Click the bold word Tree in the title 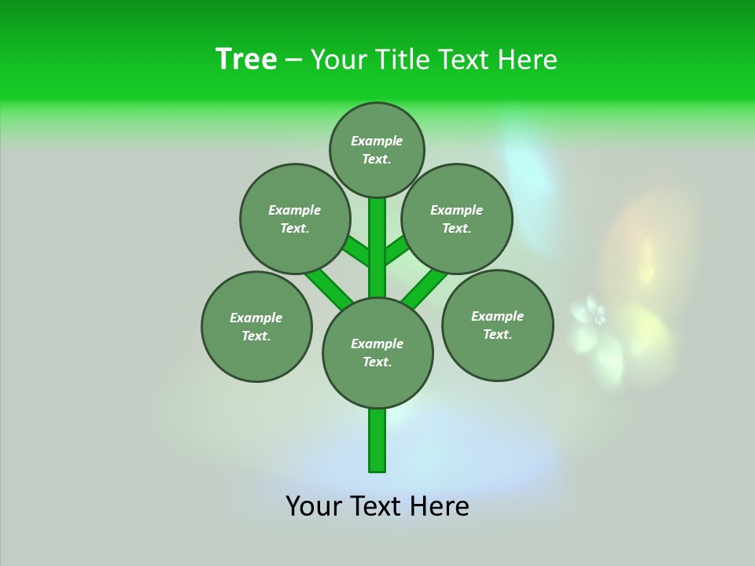pos(246,59)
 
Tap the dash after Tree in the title pos(293,61)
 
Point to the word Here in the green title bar pos(527,60)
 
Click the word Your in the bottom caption pos(314,506)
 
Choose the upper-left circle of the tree pos(294,219)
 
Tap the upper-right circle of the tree pos(457,219)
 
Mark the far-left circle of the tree pos(256,327)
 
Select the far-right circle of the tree pos(497,325)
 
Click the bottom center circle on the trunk pos(377,353)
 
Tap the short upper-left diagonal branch pos(357,252)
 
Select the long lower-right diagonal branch pos(424,289)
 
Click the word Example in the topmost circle pos(377,141)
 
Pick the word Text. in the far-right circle pos(497,334)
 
